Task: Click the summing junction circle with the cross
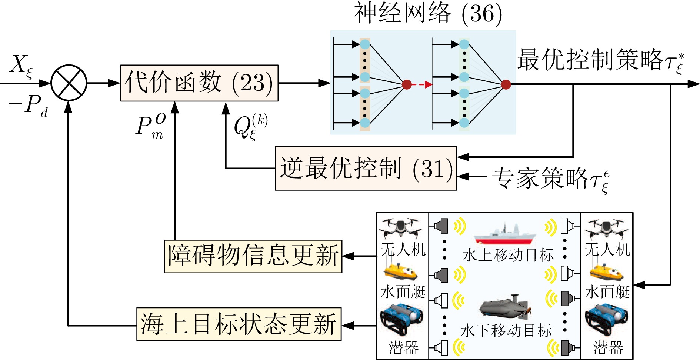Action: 69,83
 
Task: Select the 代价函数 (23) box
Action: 199,83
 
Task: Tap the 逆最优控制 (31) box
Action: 366,169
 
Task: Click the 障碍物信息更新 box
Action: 253,256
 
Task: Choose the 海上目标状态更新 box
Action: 239,324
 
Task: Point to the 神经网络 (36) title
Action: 428,14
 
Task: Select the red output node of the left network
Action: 407,85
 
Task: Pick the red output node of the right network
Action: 506,85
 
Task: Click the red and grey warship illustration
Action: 504,234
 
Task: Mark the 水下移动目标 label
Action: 507,331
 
